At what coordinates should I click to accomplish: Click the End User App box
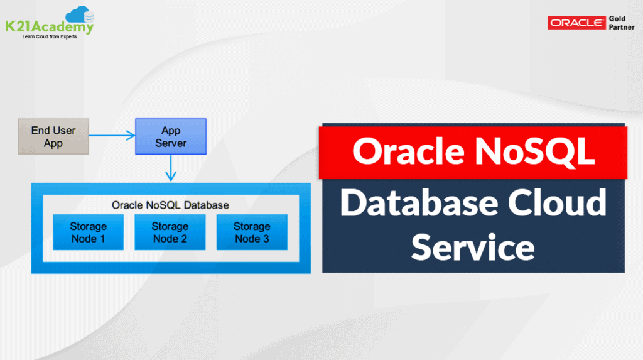(53, 136)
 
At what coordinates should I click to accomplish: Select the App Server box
(171, 136)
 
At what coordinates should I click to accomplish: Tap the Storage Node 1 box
(88, 232)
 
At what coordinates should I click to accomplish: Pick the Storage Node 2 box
(170, 232)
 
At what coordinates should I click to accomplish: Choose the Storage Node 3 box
(251, 232)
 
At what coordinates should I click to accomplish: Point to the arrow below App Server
(171, 168)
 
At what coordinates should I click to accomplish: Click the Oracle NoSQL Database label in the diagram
(170, 205)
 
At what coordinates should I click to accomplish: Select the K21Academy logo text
(49, 27)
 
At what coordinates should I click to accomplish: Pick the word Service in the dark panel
(473, 247)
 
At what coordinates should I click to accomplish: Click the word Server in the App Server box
(171, 143)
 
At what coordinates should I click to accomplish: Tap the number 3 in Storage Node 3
(266, 239)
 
